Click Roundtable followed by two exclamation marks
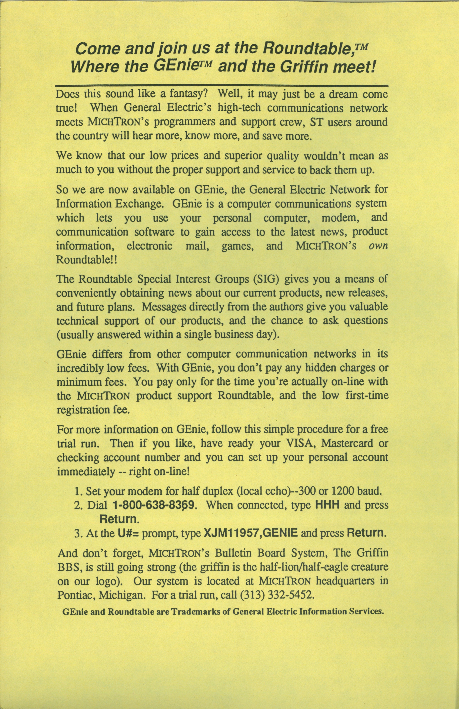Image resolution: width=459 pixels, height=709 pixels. pos(86,260)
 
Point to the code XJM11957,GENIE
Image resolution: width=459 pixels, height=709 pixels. pos(250,533)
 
